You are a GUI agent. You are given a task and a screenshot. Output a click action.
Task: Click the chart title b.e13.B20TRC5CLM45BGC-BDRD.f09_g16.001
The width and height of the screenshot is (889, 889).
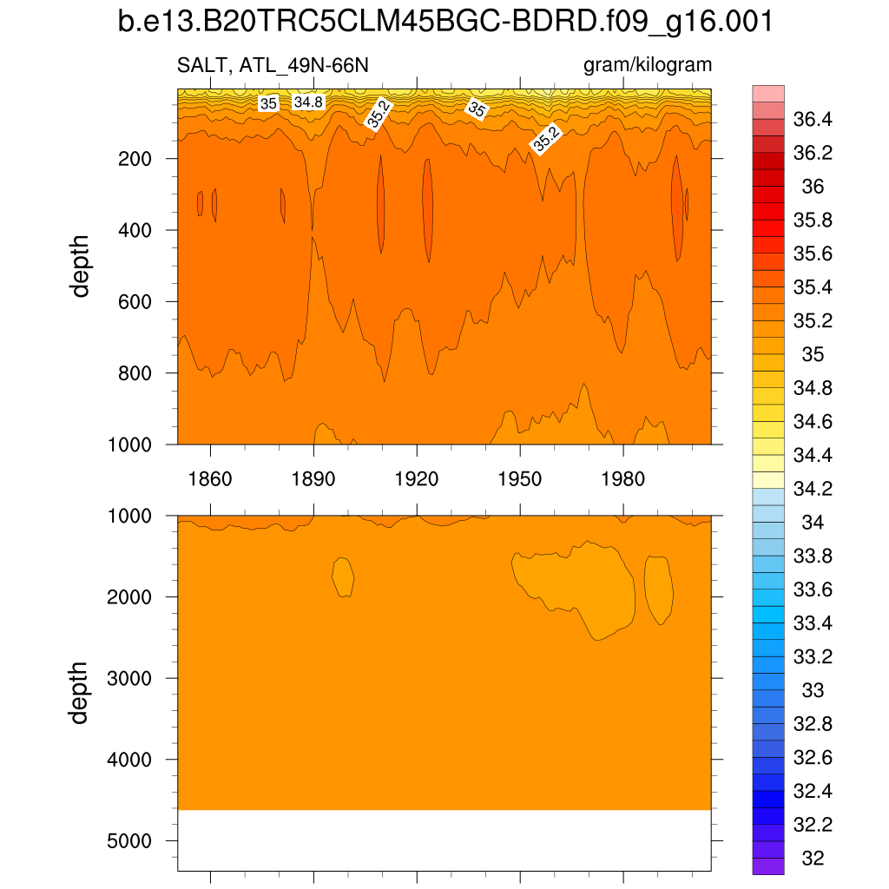pos(444,23)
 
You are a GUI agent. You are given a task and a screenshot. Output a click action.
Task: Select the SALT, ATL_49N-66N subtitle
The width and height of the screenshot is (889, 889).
pos(278,65)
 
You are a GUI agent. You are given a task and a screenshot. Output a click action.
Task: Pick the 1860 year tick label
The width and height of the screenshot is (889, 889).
pos(210,479)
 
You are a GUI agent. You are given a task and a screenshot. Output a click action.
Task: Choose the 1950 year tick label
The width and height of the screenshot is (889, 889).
pos(519,479)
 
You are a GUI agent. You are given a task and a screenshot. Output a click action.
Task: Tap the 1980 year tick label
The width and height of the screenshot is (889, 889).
pos(622,479)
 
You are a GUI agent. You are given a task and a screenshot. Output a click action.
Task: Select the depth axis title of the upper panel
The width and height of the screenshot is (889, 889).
pos(81,266)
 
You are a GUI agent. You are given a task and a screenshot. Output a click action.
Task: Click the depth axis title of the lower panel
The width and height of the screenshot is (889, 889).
pos(81,693)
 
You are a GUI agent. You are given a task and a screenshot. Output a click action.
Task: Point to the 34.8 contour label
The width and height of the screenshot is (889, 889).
pos(308,102)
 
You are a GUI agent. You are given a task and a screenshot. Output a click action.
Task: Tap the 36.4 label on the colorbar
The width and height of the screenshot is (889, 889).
pos(814,119)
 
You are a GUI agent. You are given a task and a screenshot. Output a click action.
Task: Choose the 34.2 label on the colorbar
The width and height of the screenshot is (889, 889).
pos(814,489)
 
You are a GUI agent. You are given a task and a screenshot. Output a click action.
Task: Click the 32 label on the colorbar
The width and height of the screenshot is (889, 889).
pos(813,859)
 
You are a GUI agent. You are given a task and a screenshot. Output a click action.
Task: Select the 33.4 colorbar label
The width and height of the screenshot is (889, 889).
pos(814,623)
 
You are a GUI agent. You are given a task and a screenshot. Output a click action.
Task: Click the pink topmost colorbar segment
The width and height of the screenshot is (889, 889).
pos(768,93)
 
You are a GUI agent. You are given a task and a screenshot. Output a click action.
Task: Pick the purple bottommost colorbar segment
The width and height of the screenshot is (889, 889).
pos(768,866)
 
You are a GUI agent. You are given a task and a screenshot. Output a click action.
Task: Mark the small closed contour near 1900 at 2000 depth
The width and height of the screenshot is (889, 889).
pos(343,576)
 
